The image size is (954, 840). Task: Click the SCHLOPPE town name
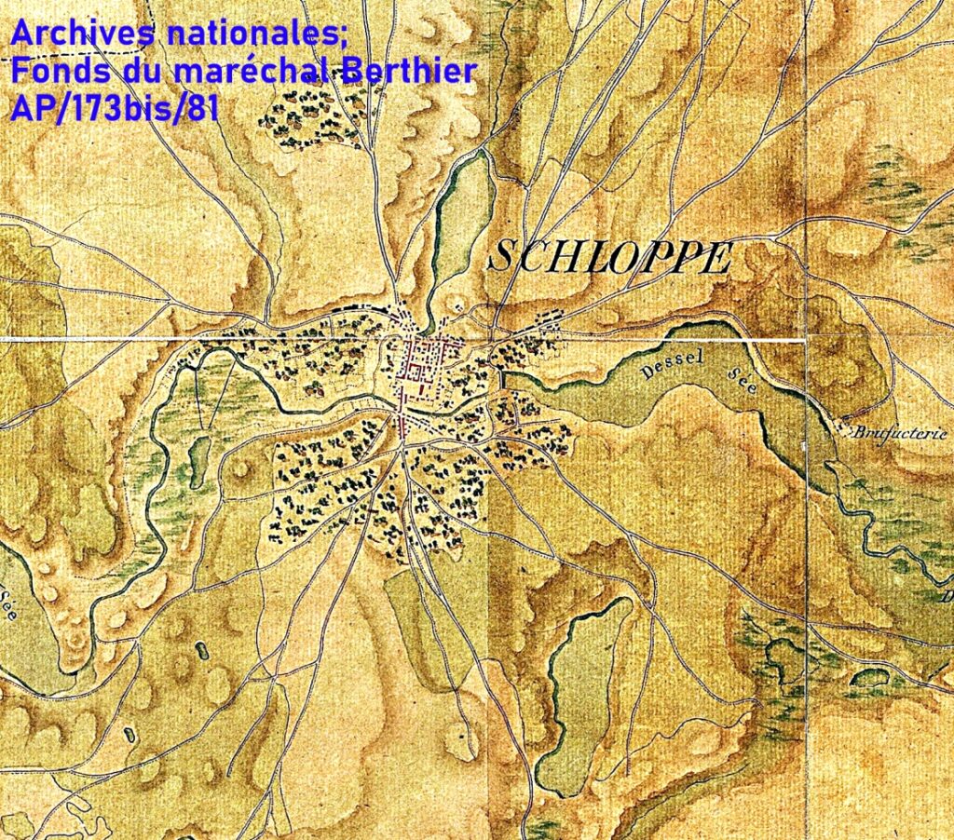tap(608, 256)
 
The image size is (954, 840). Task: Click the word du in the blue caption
tap(130, 72)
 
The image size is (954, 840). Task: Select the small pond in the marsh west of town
tap(199, 454)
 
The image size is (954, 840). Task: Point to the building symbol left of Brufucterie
tap(846, 418)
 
